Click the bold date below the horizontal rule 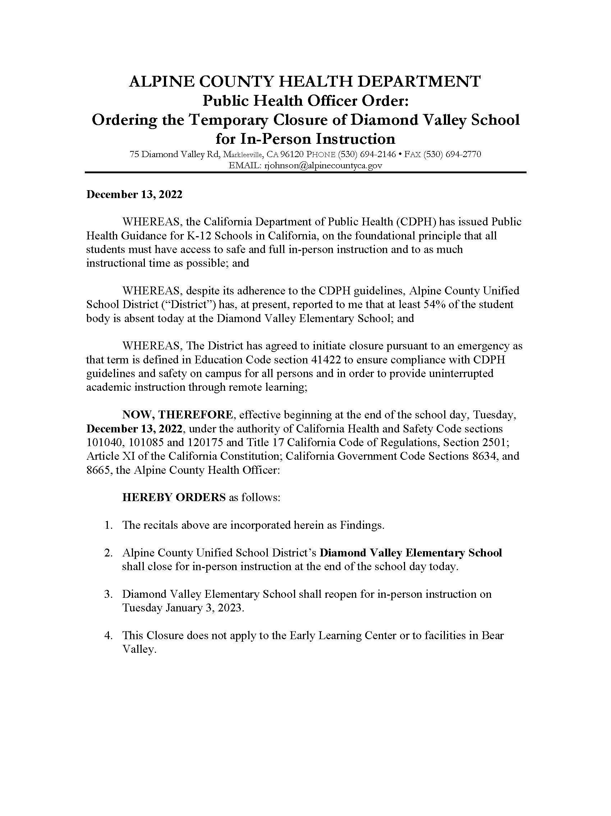point(134,194)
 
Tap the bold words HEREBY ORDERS point(174,497)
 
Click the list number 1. point(108,525)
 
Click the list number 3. point(108,594)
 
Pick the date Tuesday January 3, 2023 point(183,608)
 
